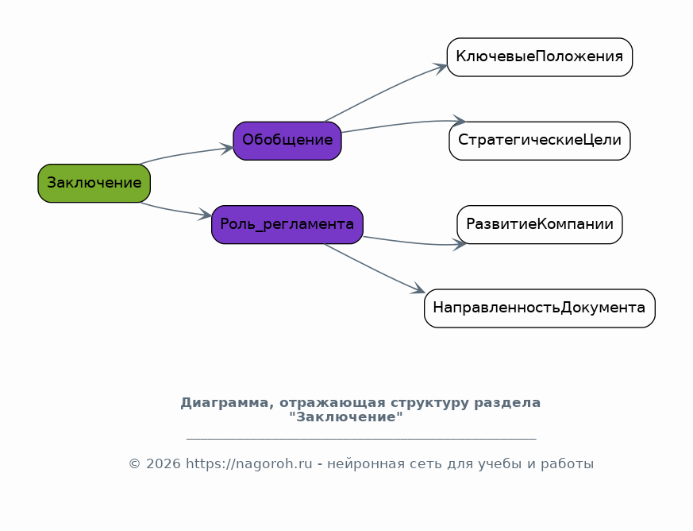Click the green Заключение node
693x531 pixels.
point(94,183)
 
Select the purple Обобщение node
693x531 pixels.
point(287,141)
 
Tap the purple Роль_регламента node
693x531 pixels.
point(287,224)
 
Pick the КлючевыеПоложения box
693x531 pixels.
point(540,57)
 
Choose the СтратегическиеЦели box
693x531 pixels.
point(540,141)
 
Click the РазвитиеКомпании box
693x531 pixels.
point(540,224)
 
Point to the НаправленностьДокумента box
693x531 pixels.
point(540,308)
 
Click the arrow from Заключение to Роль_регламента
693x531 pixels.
point(175,211)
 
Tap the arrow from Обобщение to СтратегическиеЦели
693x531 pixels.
point(403,124)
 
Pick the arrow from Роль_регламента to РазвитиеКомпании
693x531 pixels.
point(414,242)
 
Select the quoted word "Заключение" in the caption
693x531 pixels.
point(346,417)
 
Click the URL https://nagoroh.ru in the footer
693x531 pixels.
point(248,463)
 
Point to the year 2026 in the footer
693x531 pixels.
point(163,463)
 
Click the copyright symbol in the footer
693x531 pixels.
point(134,463)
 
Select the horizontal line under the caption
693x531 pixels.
point(361,439)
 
